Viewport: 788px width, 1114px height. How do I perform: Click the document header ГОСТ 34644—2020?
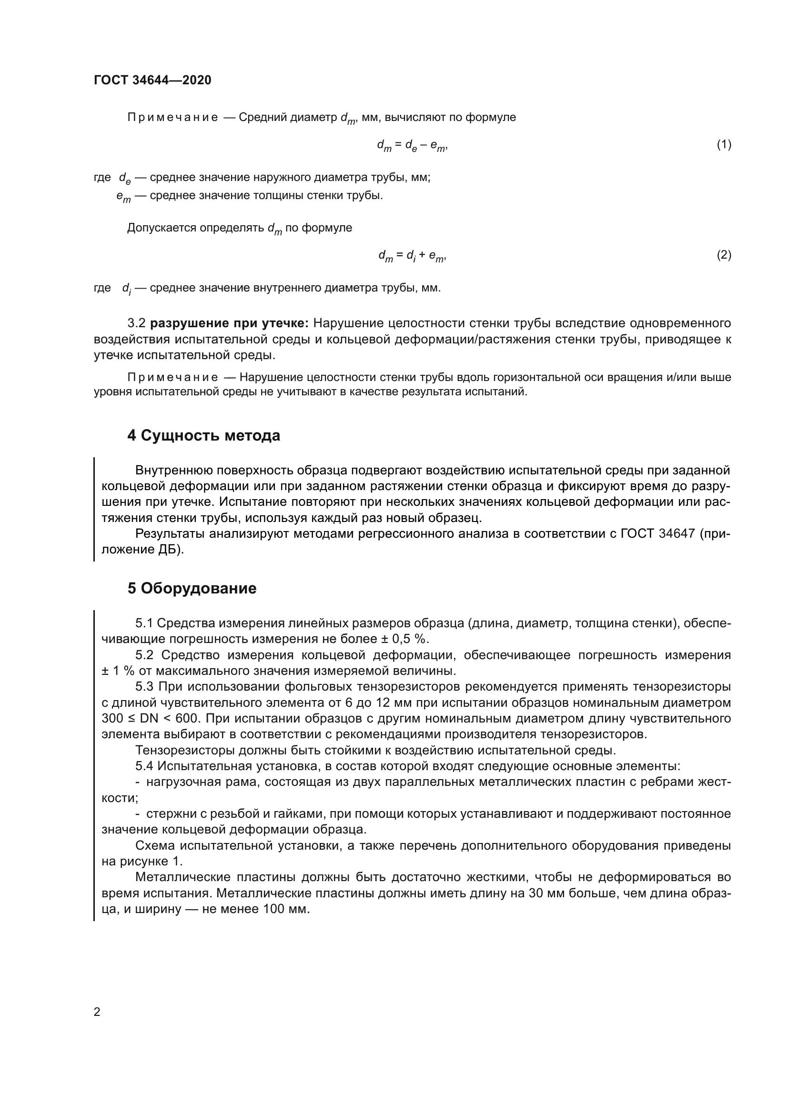(x=152, y=80)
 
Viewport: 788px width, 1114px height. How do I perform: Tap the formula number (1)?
(x=724, y=145)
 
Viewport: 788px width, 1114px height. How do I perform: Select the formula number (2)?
(x=724, y=255)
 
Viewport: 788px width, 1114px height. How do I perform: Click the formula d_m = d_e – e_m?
(x=412, y=146)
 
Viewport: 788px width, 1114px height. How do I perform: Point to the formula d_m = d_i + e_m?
(x=412, y=256)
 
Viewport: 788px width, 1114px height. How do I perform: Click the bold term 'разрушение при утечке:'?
(x=229, y=323)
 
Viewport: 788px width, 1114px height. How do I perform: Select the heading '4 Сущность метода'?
(x=204, y=436)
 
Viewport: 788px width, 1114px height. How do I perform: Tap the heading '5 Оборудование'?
(x=192, y=589)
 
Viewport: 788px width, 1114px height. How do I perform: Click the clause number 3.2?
(x=136, y=323)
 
